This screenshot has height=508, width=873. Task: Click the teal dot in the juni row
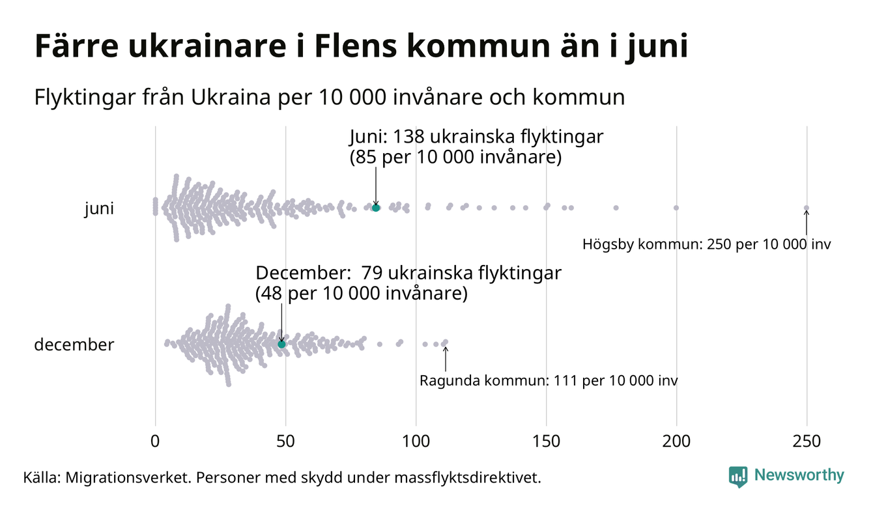pos(376,208)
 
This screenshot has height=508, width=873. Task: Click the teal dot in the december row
pos(281,344)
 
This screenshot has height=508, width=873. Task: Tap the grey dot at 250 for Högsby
pos(807,208)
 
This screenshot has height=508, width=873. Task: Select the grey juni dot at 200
pos(676,208)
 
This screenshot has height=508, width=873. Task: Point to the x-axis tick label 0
pos(155,442)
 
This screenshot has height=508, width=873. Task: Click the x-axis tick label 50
pos(285,442)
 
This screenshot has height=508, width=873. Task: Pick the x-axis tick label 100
pos(416,442)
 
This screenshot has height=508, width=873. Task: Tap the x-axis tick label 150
pos(546,442)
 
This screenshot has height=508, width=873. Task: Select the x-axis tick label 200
pos(676,442)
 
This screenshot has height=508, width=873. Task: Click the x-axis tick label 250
pos(807,442)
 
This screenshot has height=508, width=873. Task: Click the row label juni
pos(99,209)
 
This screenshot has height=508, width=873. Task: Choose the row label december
pos(74,345)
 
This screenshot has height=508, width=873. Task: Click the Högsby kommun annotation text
pos(707,246)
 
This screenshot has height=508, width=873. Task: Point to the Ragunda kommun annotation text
pos(548,381)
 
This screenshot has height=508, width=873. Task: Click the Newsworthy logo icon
pos(738,476)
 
